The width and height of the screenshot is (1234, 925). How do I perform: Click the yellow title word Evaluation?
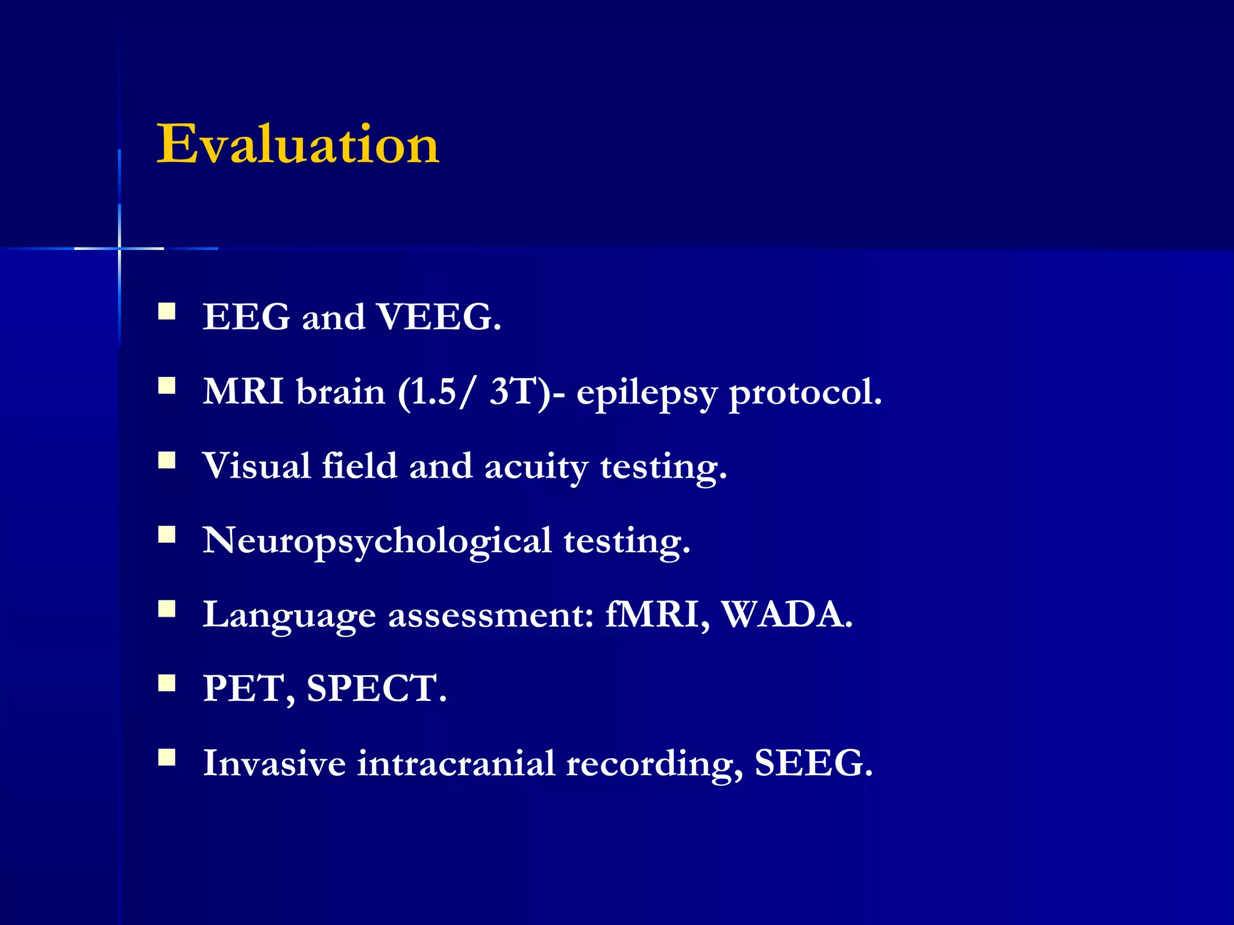(x=298, y=144)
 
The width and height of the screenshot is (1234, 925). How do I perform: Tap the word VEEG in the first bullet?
(x=437, y=317)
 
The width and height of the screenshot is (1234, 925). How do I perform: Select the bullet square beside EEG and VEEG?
(x=167, y=311)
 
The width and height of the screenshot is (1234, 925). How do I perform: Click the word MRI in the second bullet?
(x=243, y=391)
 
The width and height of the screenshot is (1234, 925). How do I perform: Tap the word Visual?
(x=257, y=466)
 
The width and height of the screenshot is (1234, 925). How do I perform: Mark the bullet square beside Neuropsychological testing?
(x=167, y=535)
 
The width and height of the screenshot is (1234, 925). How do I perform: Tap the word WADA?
(x=786, y=615)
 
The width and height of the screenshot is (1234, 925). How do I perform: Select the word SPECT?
(x=376, y=689)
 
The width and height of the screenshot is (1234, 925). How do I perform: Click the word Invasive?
(x=274, y=764)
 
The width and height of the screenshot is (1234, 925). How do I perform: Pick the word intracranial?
(x=456, y=764)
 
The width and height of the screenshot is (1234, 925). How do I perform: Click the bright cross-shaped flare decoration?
(x=119, y=248)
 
